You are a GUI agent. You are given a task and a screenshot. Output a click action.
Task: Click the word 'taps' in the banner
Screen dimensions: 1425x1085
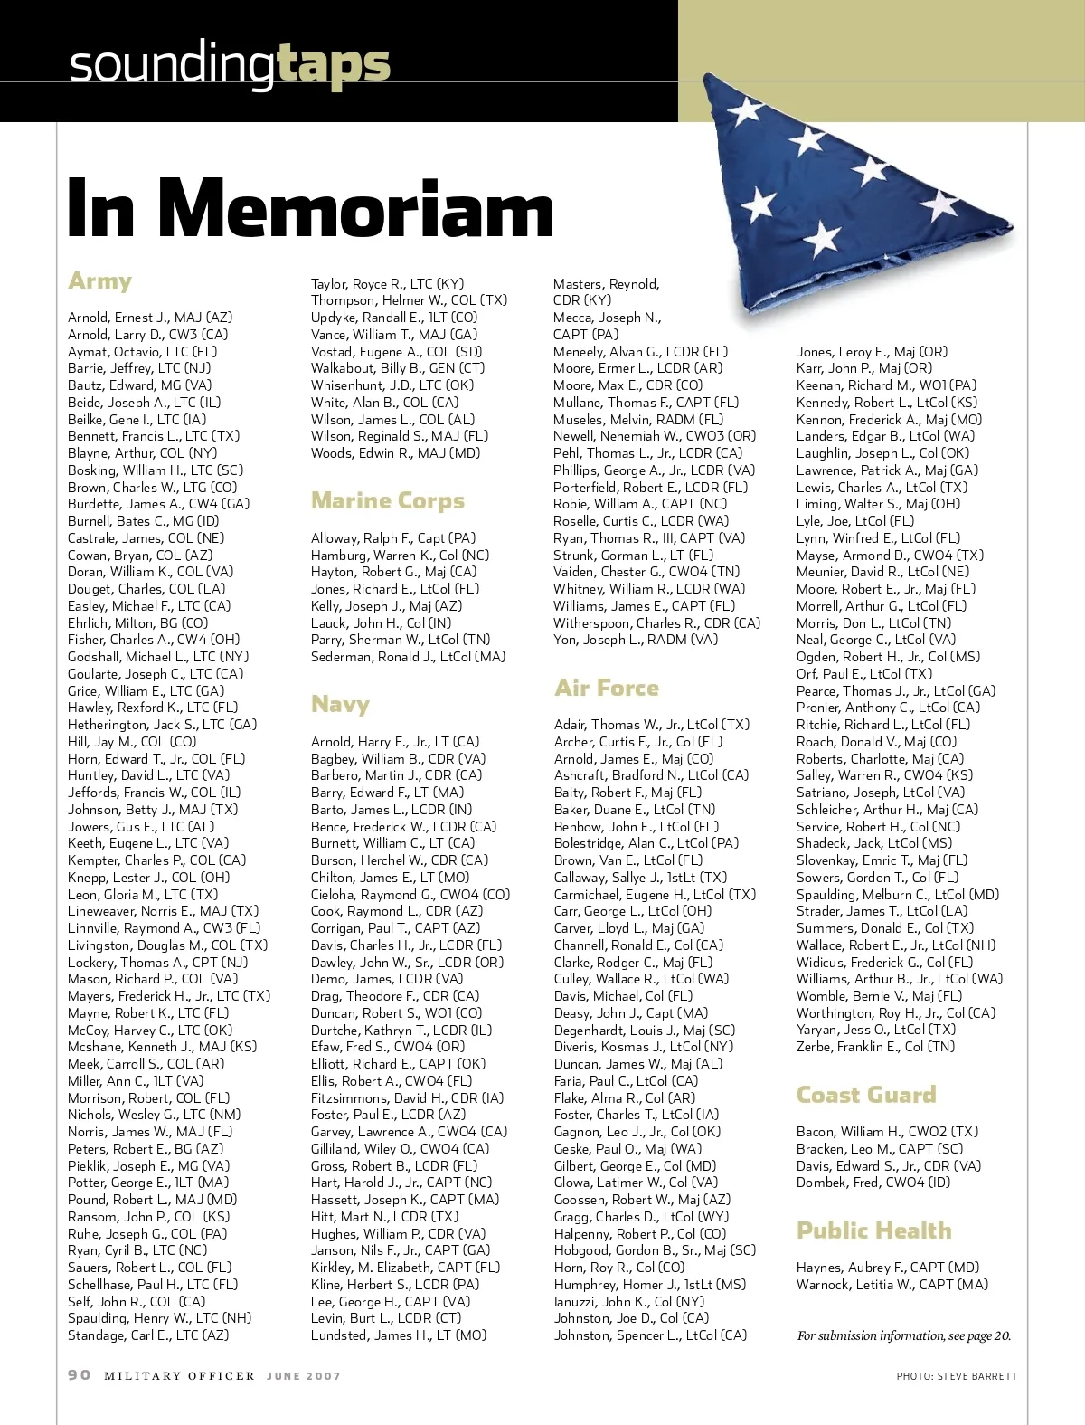[x=333, y=63]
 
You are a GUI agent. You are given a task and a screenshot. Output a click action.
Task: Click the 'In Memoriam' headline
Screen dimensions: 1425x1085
[x=310, y=208]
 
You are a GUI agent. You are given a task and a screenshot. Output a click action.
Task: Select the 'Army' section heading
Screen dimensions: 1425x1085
[x=99, y=281]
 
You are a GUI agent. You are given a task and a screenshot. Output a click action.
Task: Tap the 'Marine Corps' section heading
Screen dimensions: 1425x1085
[x=387, y=500]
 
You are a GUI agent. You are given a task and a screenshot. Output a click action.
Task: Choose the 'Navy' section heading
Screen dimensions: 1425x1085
[x=340, y=704]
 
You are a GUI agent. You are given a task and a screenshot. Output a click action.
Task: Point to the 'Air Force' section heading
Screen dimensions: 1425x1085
[x=606, y=688]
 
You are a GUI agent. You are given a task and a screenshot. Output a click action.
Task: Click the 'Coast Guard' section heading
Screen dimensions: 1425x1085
[x=865, y=1095]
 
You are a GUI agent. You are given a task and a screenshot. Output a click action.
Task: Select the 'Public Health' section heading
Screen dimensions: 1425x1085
[x=873, y=1230]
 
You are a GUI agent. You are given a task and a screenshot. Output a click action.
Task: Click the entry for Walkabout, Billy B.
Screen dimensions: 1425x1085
[x=398, y=368]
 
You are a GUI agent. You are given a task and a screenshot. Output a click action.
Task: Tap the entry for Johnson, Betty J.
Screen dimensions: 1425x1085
[x=153, y=810]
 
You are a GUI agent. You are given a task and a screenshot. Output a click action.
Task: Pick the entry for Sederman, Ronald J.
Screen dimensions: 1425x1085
[x=408, y=657]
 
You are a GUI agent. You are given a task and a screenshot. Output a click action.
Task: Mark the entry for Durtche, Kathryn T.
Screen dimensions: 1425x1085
[x=401, y=1031]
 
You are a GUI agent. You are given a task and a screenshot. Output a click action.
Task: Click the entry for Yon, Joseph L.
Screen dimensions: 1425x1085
[x=636, y=640]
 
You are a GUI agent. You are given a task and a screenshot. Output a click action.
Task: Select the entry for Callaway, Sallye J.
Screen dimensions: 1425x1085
[x=640, y=878]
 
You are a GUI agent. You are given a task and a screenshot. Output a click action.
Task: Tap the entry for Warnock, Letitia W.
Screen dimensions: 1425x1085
[x=892, y=1285]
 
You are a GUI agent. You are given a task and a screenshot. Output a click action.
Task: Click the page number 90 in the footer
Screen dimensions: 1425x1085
[x=80, y=1375]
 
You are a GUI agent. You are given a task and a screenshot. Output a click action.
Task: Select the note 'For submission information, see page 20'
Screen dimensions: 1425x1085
[x=904, y=1335]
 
